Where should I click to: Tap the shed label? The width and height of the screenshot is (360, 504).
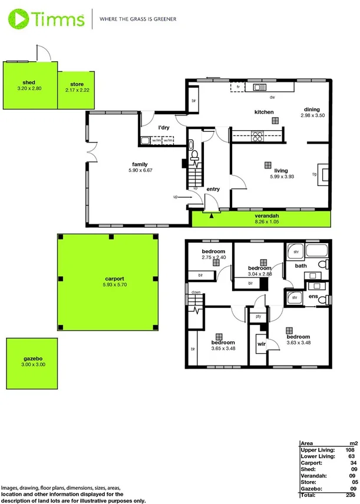pyautogui.click(x=29, y=82)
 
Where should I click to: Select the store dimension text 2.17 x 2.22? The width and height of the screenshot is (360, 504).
pyautogui.click(x=77, y=91)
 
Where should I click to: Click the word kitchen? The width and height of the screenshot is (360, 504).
pyautogui.click(x=263, y=112)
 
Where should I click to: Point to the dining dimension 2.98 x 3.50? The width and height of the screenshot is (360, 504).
pyautogui.click(x=312, y=117)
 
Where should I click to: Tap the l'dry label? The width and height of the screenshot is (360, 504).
pyautogui.click(x=164, y=128)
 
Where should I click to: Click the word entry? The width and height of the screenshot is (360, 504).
pyautogui.click(x=213, y=189)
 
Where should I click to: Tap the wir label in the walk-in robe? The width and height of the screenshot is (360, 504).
pyautogui.click(x=262, y=342)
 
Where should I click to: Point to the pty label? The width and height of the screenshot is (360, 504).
pyautogui.click(x=257, y=317)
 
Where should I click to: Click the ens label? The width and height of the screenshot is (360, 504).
pyautogui.click(x=313, y=296)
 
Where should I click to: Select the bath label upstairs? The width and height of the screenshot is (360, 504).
pyautogui.click(x=301, y=266)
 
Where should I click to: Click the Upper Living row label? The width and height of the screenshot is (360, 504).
pyautogui.click(x=317, y=449)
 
